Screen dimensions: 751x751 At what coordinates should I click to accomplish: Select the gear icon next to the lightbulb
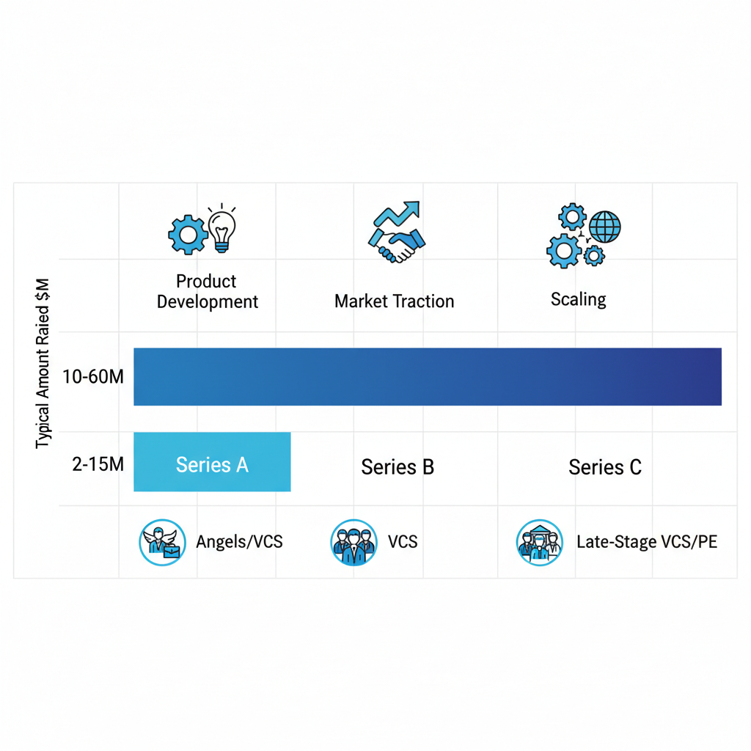(x=188, y=235)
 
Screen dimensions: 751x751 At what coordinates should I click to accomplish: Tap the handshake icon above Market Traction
(x=397, y=245)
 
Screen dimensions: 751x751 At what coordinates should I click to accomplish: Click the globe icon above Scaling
(x=604, y=227)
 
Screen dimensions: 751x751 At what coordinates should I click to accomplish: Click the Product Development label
(x=208, y=291)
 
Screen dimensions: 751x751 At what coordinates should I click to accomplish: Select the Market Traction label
(x=394, y=301)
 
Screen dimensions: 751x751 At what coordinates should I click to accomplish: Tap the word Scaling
(x=578, y=299)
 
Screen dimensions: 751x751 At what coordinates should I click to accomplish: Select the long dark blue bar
(x=428, y=376)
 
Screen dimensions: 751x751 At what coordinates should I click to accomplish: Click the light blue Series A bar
(x=212, y=462)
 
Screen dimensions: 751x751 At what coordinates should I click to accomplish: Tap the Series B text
(x=398, y=467)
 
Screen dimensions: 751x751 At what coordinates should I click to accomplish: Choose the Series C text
(x=605, y=467)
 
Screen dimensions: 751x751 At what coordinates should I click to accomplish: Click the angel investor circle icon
(x=162, y=543)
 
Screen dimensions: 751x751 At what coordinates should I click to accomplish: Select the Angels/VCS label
(x=239, y=542)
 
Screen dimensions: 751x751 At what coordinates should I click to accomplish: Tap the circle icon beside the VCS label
(x=354, y=543)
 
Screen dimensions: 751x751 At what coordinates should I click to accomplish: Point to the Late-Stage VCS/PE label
(x=647, y=542)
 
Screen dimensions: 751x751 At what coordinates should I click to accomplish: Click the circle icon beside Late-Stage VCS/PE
(x=540, y=543)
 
